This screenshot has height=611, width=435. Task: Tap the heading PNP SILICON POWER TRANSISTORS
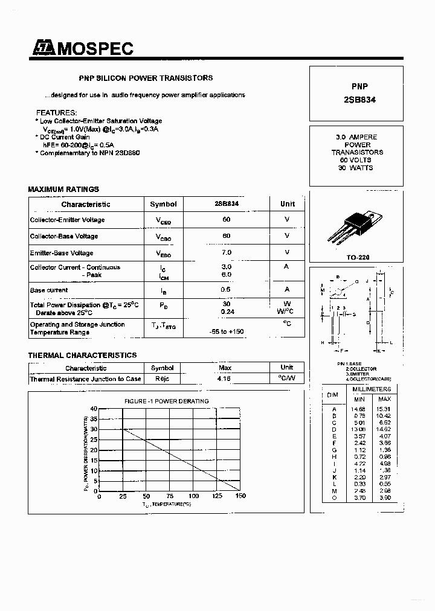146,78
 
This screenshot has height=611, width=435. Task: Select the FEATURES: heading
56,113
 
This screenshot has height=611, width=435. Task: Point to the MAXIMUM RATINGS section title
63,190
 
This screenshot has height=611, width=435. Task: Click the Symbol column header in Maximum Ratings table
163,205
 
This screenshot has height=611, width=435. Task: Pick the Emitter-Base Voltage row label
62,253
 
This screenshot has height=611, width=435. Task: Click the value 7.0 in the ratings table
227,252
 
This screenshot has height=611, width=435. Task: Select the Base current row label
49,290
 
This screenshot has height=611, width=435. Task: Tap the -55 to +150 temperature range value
227,332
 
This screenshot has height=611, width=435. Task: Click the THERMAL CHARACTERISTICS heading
82,356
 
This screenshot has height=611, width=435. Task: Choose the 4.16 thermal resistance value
225,379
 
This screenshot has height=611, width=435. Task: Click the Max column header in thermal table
225,368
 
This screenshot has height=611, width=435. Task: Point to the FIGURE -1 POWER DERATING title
167,401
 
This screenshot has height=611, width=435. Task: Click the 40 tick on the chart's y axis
94,409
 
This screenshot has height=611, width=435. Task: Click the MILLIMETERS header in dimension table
372,389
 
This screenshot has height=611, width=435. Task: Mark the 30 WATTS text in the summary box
356,168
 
